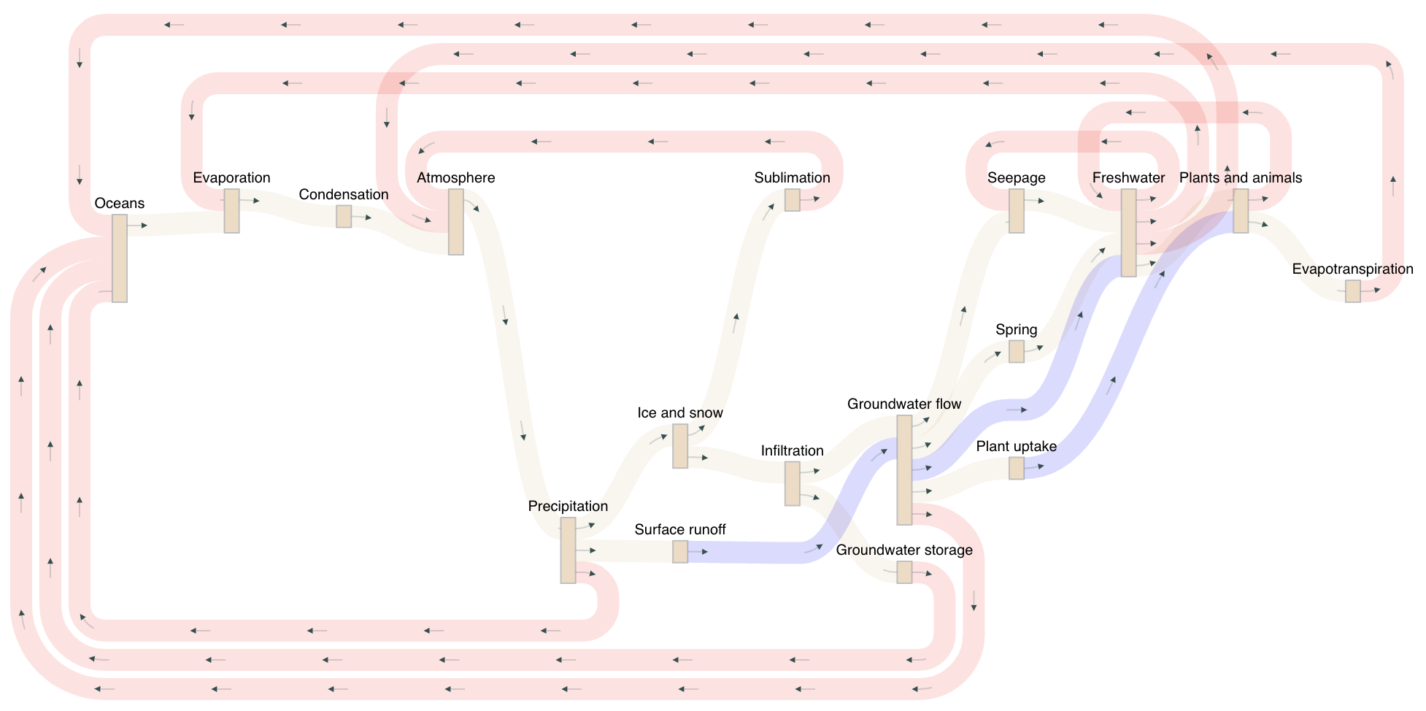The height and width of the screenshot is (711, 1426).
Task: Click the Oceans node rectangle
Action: click(x=120, y=258)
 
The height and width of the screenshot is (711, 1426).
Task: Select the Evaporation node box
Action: click(x=231, y=211)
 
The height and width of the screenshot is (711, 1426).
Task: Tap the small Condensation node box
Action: click(x=344, y=216)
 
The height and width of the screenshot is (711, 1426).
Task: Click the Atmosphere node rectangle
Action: click(x=455, y=222)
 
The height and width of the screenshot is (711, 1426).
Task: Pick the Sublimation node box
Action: click(x=792, y=200)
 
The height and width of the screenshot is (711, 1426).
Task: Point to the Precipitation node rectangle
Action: click(x=568, y=550)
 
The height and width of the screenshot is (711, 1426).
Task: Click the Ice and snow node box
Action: click(x=679, y=446)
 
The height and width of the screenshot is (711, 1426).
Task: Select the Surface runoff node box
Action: click(x=679, y=552)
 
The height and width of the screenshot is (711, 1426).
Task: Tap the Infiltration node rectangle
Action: click(x=792, y=483)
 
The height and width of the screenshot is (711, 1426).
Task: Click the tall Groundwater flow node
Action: click(x=903, y=470)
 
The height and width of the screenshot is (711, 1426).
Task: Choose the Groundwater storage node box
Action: click(x=903, y=572)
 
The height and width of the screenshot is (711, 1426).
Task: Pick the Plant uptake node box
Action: click(x=1016, y=468)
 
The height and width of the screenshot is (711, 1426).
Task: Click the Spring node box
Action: click(x=1016, y=351)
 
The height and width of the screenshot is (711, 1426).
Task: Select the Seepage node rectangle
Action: click(x=1016, y=211)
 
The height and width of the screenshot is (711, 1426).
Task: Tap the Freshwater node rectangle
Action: click(x=1128, y=233)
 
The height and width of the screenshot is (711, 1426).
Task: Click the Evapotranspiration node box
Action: click(x=1352, y=291)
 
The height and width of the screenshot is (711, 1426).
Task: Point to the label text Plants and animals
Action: click(x=1240, y=178)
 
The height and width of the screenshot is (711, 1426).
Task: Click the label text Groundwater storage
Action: click(x=903, y=550)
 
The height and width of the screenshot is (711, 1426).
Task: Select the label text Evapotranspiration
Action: click(x=1352, y=269)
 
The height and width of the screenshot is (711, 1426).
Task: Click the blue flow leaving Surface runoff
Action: click(x=752, y=553)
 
